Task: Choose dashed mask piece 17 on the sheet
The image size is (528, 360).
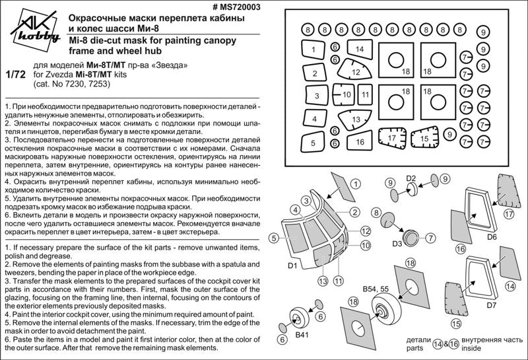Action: [x=392, y=137]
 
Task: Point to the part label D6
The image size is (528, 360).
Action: [x=492, y=236]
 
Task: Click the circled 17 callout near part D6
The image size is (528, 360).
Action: [x=509, y=213]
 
